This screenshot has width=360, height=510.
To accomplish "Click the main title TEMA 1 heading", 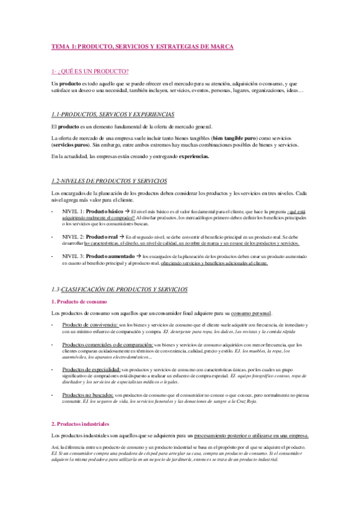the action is coord(142,46).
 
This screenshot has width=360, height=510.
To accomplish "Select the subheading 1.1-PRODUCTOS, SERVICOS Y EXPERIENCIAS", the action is coord(113,114).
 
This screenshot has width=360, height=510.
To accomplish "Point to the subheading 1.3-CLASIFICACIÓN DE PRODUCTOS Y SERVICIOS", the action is coord(120,289).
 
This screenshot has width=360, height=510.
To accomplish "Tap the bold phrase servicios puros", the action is coord(71,146).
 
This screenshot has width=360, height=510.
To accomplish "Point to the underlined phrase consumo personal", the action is coord(251,313).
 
